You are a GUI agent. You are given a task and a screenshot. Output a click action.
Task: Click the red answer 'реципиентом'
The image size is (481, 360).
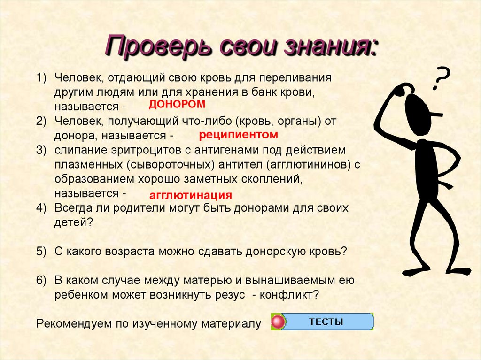pyautogui.click(x=239, y=135)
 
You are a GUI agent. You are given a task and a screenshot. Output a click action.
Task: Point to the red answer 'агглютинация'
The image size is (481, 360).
pyautogui.click(x=191, y=195)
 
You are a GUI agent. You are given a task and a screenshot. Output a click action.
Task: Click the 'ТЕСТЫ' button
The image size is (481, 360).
pyautogui.click(x=326, y=322)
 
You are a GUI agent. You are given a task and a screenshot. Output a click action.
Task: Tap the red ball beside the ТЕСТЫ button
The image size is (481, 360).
pyautogui.click(x=279, y=322)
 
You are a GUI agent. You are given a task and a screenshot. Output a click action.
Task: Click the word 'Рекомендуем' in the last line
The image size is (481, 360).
pyautogui.click(x=69, y=324)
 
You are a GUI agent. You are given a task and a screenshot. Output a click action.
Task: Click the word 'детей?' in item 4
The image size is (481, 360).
pyautogui.click(x=72, y=222)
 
